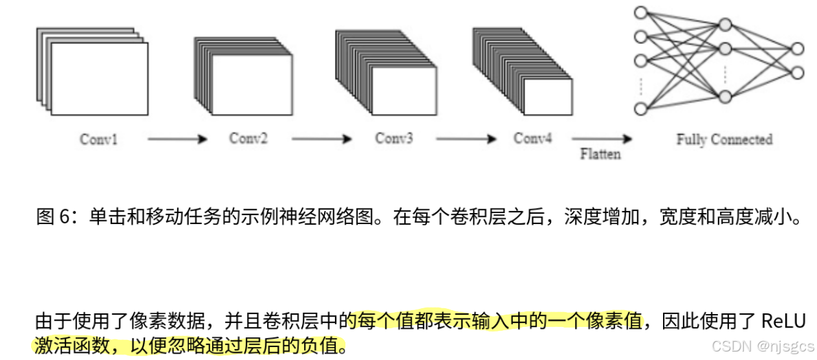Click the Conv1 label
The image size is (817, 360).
[x=98, y=139]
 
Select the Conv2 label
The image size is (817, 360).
[x=248, y=138]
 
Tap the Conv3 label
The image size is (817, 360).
[x=393, y=138]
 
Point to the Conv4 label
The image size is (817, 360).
[x=532, y=138]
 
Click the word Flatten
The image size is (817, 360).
[x=600, y=154]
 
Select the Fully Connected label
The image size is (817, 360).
[x=724, y=139]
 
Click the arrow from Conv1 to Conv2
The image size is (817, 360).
[x=177, y=139]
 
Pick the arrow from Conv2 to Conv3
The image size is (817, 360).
[x=321, y=139]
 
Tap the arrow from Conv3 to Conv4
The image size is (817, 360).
[x=466, y=139]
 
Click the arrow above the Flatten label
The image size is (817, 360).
[x=601, y=139]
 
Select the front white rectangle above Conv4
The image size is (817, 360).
[x=547, y=97]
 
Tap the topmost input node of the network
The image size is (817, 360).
[x=641, y=12]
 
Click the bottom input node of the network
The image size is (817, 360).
[x=641, y=108]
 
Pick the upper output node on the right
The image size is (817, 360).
[x=797, y=49]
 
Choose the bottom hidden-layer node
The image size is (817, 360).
[x=724, y=96]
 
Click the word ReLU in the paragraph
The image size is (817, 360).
[x=783, y=321]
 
